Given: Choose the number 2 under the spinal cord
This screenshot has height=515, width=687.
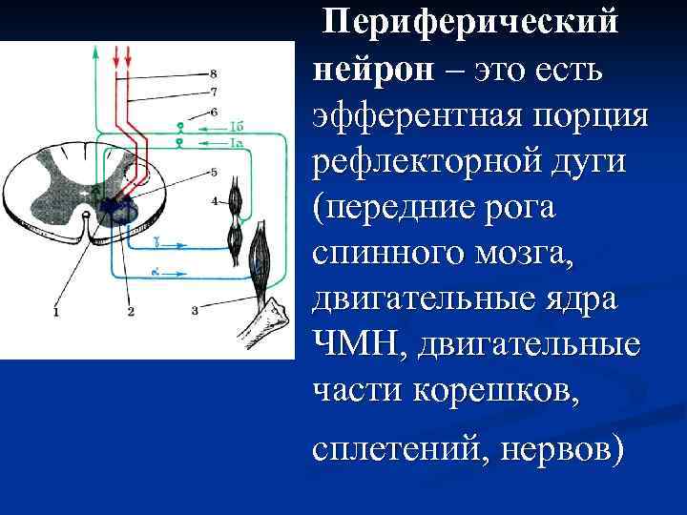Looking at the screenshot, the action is click(x=131, y=312).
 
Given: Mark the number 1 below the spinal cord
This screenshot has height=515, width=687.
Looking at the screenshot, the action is click(x=55, y=312).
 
